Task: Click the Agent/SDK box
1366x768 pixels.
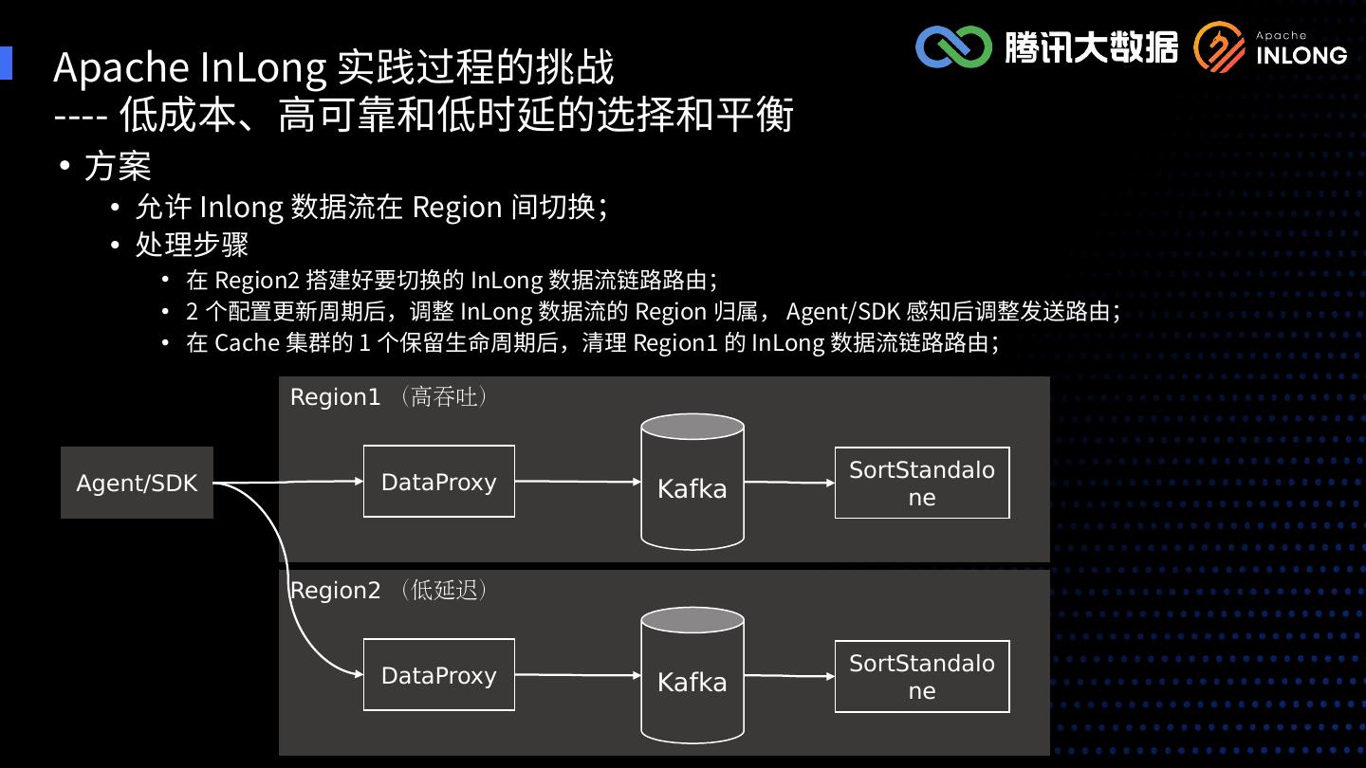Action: point(137,483)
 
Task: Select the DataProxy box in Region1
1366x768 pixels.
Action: point(438,482)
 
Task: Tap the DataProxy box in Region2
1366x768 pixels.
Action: point(438,675)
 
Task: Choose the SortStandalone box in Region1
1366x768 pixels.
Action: point(921,483)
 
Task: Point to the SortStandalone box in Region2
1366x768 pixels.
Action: point(921,676)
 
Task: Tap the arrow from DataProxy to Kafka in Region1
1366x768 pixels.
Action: point(578,482)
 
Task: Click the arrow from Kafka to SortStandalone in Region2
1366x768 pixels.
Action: point(788,676)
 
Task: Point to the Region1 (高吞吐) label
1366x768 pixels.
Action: point(390,397)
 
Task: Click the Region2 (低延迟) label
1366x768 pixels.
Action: point(390,590)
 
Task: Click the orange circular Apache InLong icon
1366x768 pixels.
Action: point(1219,47)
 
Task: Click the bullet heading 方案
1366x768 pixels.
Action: point(118,167)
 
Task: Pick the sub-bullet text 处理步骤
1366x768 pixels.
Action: point(192,245)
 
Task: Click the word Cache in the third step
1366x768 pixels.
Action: point(247,343)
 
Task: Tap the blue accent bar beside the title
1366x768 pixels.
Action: point(6,64)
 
